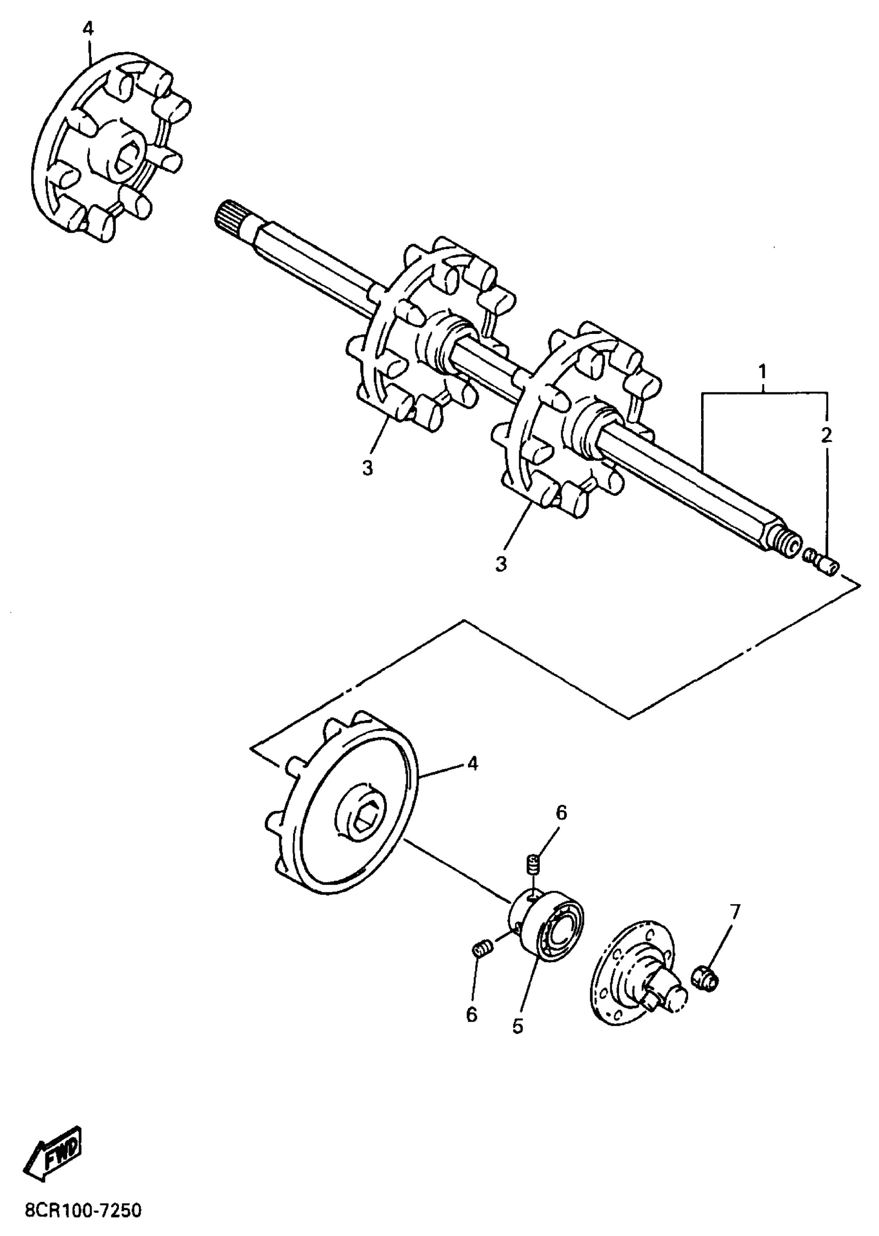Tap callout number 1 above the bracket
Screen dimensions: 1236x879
click(x=762, y=372)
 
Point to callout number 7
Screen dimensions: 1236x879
click(x=735, y=912)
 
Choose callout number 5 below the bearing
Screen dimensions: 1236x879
click(x=518, y=1026)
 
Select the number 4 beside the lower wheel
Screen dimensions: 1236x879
click(x=473, y=764)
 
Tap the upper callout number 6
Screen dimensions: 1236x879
click(x=562, y=828)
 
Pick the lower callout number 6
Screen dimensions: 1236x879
click(x=472, y=1015)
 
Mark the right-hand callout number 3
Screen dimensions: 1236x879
click(x=501, y=563)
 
